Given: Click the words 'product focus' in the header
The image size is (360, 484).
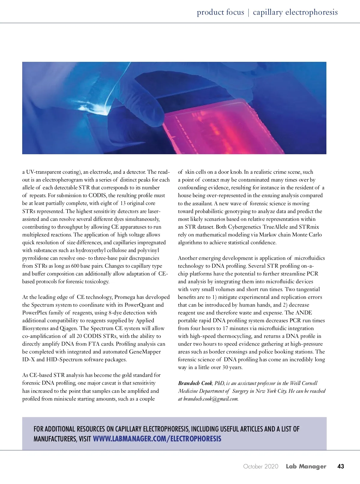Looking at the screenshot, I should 220,12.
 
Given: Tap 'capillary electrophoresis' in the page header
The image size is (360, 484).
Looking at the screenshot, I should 295,12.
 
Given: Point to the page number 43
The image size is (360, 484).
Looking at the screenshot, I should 340,466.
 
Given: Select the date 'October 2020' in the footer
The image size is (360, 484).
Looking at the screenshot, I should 261,466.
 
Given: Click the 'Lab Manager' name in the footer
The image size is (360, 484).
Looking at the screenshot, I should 306,466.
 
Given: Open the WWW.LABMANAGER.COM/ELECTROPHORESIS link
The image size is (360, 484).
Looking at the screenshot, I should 157,439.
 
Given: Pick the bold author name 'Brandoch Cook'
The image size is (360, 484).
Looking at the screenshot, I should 195,383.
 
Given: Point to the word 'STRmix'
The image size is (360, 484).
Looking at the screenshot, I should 309,227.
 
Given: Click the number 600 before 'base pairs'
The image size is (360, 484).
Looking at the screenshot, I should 75,266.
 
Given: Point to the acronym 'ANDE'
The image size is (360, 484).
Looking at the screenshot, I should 304,313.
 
